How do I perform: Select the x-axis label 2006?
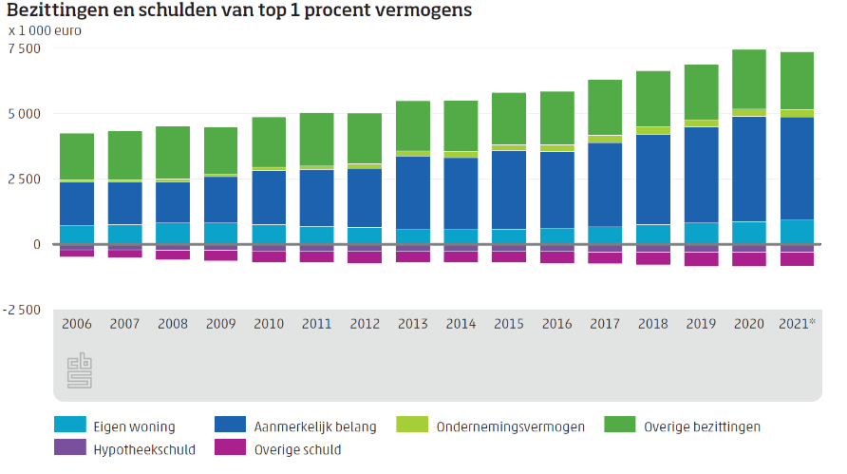click(x=77, y=324)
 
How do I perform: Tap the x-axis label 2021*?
click(x=799, y=324)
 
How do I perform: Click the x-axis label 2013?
click(x=413, y=324)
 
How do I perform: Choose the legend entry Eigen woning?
click(x=134, y=427)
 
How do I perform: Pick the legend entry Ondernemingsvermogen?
click(x=510, y=427)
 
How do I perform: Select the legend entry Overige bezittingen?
click(x=702, y=427)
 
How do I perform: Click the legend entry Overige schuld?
click(x=297, y=449)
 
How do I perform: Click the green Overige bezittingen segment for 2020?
click(x=749, y=79)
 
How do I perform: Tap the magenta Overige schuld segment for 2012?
click(x=365, y=257)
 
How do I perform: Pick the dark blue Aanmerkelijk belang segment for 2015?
click(x=509, y=190)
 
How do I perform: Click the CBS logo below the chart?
click(x=80, y=370)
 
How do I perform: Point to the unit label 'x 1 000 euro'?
click(x=45, y=30)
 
